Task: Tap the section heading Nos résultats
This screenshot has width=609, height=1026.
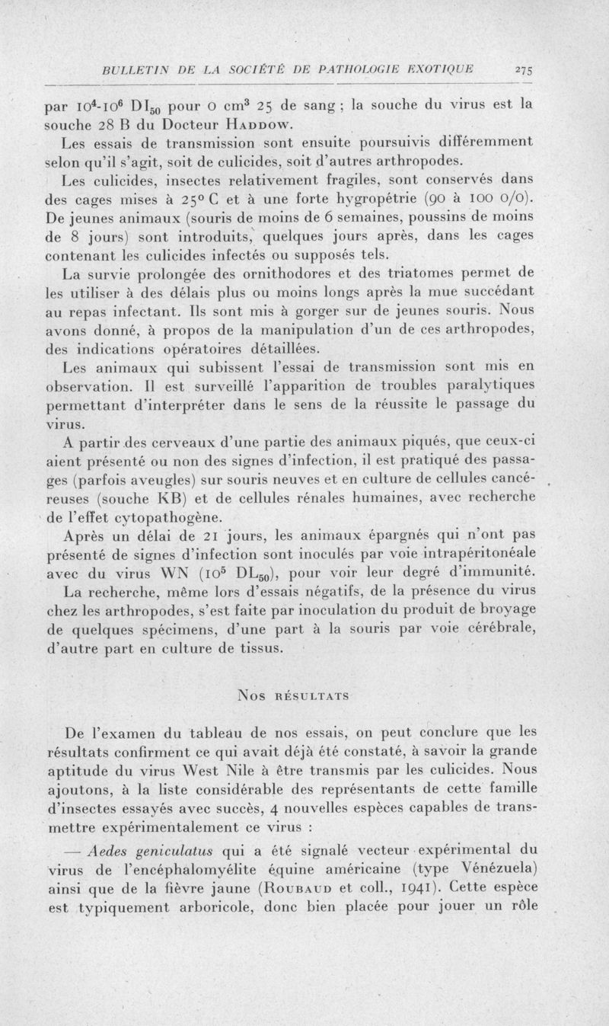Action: pyautogui.click(x=304, y=694)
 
